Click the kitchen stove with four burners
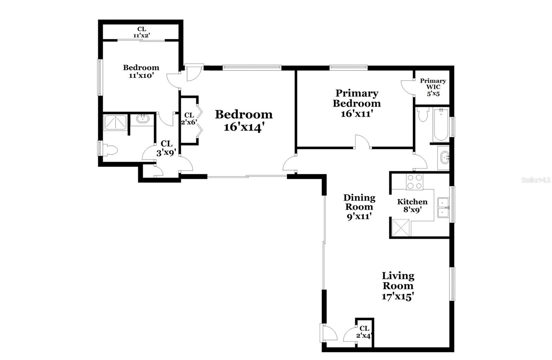tap(414, 182)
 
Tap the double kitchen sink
tap(443, 207)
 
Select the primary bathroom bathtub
tap(441, 125)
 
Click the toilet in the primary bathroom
tap(423, 114)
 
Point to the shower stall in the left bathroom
tap(115, 122)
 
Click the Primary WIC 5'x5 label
tap(433, 87)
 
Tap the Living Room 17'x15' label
tap(398, 286)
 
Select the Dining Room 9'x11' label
tap(359, 207)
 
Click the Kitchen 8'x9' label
tap(412, 206)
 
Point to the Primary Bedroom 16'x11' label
tap(357, 103)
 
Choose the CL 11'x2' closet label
tap(142, 32)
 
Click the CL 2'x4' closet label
tap(364, 332)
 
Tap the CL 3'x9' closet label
tap(166, 148)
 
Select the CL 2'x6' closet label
tap(189, 118)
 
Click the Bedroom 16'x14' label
tap(244, 121)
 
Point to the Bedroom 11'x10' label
tap(141, 71)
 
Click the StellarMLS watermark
tap(536, 180)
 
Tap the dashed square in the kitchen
tap(401, 228)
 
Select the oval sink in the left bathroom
tap(143, 119)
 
